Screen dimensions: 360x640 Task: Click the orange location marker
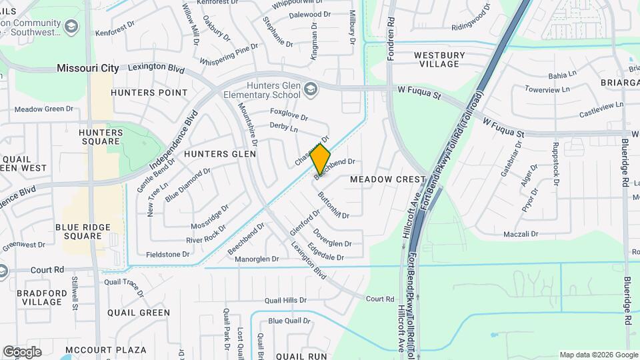tap(321, 159)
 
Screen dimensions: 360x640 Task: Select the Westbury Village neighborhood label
tap(437, 59)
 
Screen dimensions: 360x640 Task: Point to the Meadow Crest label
tap(387, 179)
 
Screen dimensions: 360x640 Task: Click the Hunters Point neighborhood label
tap(149, 92)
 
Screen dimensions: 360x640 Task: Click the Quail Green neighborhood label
tap(139, 312)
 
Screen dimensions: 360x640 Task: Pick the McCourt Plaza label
tap(107, 349)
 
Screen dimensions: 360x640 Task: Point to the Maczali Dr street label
tap(521, 234)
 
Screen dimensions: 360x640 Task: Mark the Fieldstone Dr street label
tap(169, 254)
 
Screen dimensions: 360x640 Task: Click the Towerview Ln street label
tap(547, 89)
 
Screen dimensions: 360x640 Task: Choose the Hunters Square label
tap(101, 137)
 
